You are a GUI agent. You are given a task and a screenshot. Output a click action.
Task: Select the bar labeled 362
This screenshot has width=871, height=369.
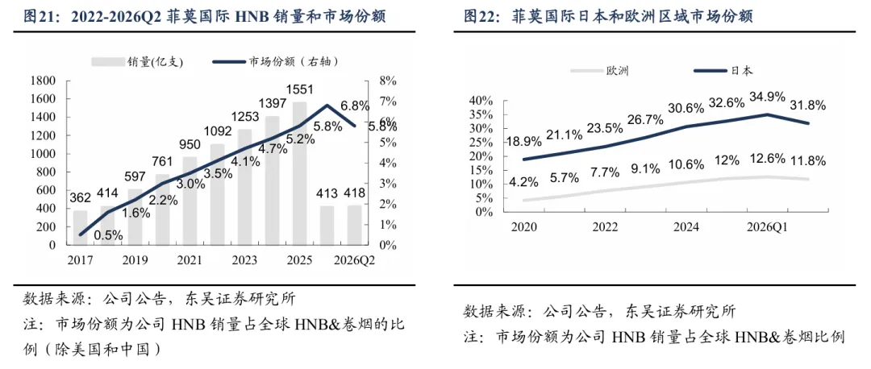80,227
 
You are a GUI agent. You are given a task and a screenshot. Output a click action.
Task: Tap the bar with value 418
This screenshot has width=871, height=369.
354,225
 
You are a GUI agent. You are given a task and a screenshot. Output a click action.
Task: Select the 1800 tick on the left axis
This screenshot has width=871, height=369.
42,81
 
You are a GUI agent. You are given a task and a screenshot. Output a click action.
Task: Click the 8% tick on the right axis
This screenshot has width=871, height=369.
388,81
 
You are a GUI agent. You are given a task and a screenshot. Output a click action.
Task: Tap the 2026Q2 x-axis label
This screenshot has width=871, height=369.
353,259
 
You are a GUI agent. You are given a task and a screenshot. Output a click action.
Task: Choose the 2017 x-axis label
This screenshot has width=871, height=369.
80,259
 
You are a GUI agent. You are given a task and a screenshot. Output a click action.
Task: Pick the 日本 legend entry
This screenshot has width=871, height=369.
723,70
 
